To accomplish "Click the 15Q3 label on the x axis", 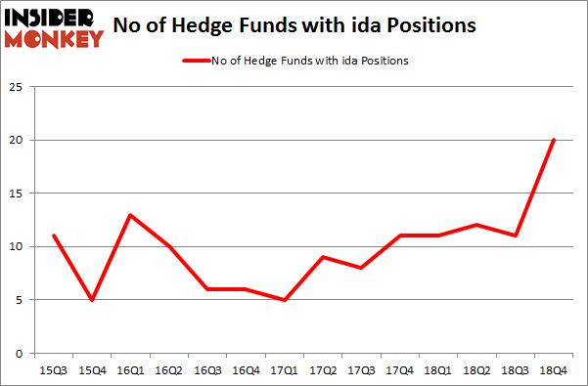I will pos(53,371).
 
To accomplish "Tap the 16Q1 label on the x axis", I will pos(129,371).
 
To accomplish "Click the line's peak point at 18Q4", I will pos(553,140).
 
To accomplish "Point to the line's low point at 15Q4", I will pos(91,299).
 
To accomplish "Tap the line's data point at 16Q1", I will pos(129,215).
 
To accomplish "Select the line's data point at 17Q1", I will pos(284,299).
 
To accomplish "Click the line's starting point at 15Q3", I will pos(53,236).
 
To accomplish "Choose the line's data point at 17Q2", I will pos(322,257).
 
